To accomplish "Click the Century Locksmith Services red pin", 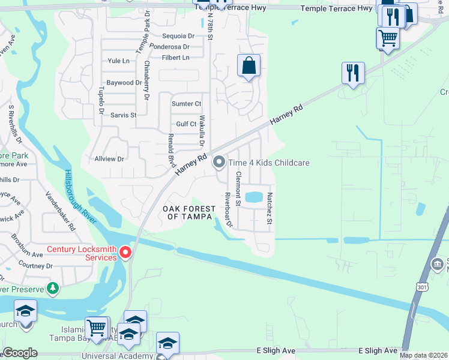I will pyautogui.click(x=125, y=253).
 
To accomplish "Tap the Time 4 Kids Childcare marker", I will pyautogui.click(x=219, y=162).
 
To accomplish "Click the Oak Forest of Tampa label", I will pyautogui.click(x=189, y=212).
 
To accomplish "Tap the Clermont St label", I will pyautogui.click(x=238, y=189).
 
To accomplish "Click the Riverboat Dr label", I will pyautogui.click(x=228, y=211).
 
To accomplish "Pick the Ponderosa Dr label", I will pyautogui.click(x=170, y=47).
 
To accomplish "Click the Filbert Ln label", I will pyautogui.click(x=175, y=58).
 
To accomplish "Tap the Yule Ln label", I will pyautogui.click(x=118, y=61).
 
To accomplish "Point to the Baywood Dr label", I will pyautogui.click(x=124, y=83).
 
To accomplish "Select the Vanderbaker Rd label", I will pyautogui.click(x=61, y=212).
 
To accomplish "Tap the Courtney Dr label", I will pyautogui.click(x=35, y=266).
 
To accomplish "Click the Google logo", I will pyautogui.click(x=20, y=353).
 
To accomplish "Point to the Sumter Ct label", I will pyautogui.click(x=186, y=104).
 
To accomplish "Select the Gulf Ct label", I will pyautogui.click(x=186, y=124).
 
